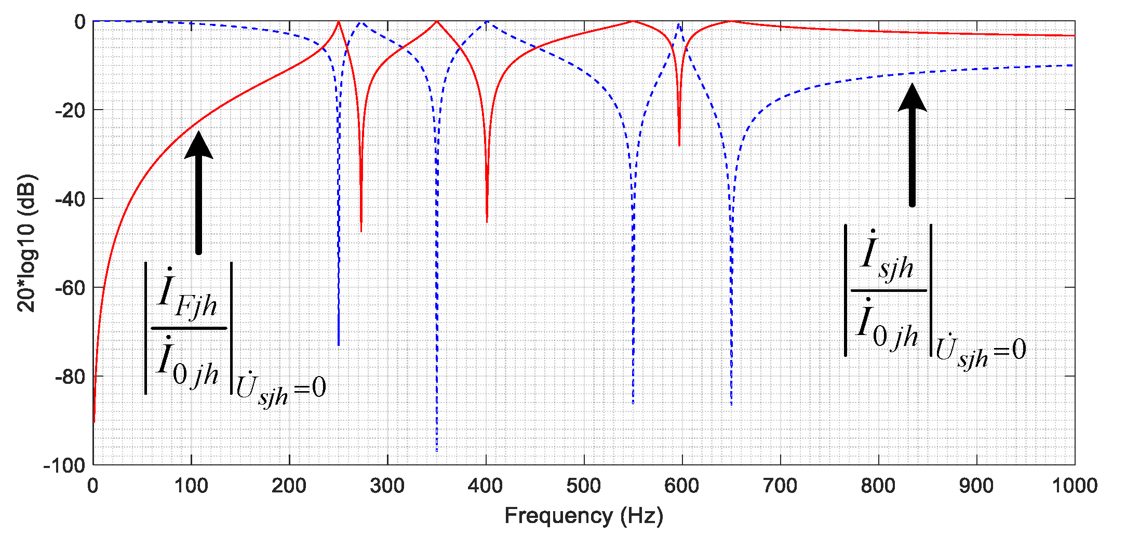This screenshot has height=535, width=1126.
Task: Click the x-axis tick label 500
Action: click(x=584, y=486)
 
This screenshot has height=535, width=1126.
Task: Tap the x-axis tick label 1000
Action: click(x=1074, y=486)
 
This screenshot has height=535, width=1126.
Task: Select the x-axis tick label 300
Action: click(x=387, y=486)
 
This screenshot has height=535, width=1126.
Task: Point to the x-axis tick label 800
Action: click(x=878, y=486)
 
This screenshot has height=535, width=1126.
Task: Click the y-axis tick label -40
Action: click(x=70, y=199)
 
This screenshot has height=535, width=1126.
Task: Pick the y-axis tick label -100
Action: click(x=64, y=465)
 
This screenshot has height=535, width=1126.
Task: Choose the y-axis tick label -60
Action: click(x=70, y=288)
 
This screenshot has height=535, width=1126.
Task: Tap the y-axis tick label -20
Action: click(x=70, y=111)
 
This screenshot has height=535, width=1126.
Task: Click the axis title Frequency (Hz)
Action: click(x=584, y=516)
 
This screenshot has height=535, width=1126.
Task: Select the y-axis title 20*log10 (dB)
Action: click(x=27, y=243)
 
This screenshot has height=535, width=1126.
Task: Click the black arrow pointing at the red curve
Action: click(x=198, y=192)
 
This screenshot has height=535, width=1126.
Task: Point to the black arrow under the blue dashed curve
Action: click(x=912, y=145)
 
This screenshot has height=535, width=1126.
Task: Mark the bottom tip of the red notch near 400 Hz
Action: click(x=487, y=222)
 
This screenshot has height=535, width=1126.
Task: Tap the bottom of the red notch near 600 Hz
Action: click(x=679, y=145)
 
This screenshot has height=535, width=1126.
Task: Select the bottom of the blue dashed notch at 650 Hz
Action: click(x=731, y=404)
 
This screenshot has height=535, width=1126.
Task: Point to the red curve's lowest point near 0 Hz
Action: click(x=94, y=421)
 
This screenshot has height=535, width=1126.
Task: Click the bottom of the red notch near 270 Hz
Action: click(x=361, y=231)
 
